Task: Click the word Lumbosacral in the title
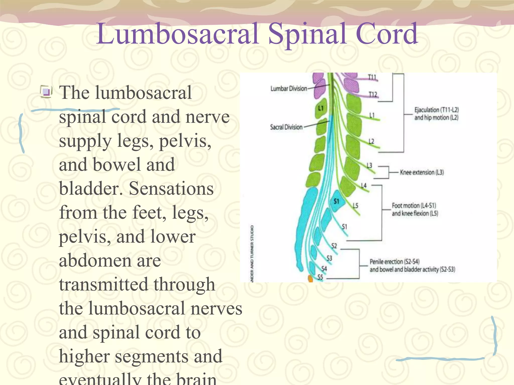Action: tap(177, 34)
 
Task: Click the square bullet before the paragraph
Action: tap(46, 91)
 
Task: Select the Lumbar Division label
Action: tap(289, 88)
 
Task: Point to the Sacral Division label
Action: tap(286, 127)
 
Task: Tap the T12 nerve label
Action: tap(373, 94)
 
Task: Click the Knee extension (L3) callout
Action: tap(422, 172)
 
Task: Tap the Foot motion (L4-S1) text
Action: tap(414, 206)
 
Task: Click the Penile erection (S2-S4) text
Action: tap(394, 262)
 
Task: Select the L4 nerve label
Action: tap(364, 185)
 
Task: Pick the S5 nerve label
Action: tap(320, 277)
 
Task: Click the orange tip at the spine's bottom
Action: tap(310, 279)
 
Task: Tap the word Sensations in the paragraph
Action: tap(171, 188)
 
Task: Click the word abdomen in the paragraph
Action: tap(110, 261)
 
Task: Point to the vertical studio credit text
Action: tap(252, 253)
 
